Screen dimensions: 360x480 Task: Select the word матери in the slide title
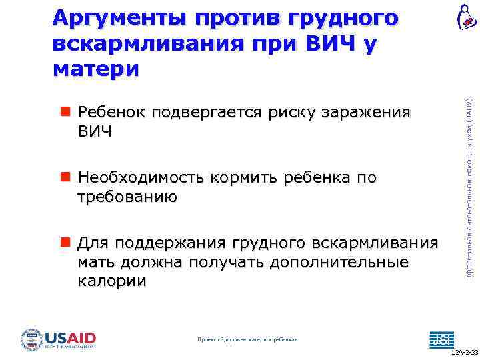(96, 68)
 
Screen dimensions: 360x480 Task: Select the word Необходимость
(141, 177)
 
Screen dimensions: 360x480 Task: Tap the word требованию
(127, 196)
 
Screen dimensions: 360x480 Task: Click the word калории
(111, 281)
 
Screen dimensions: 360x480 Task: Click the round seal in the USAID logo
(31, 339)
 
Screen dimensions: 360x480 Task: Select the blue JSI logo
(441, 339)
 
